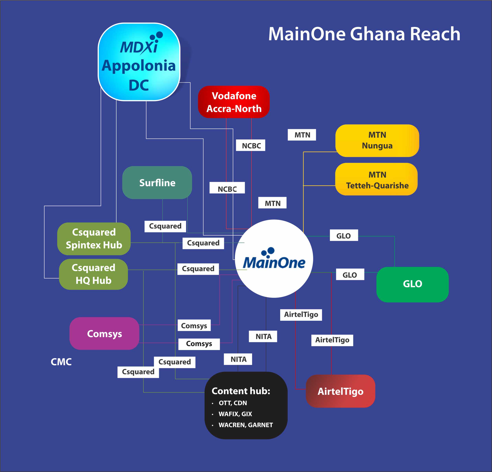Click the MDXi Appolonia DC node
(x=139, y=62)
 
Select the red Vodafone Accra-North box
(x=234, y=102)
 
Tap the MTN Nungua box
(x=377, y=140)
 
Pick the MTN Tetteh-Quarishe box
(x=376, y=179)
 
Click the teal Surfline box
(x=157, y=182)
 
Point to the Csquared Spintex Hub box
(x=94, y=239)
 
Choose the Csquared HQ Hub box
(x=93, y=274)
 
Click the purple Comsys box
(x=104, y=334)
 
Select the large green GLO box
(x=412, y=284)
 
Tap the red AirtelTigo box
(x=340, y=391)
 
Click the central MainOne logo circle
(x=274, y=259)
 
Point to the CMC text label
(x=61, y=362)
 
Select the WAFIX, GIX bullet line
(x=235, y=414)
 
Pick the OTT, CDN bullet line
(x=233, y=403)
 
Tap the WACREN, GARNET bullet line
(x=245, y=425)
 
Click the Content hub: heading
(x=241, y=391)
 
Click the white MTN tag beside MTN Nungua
(x=302, y=135)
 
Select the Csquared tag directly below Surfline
(x=165, y=226)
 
